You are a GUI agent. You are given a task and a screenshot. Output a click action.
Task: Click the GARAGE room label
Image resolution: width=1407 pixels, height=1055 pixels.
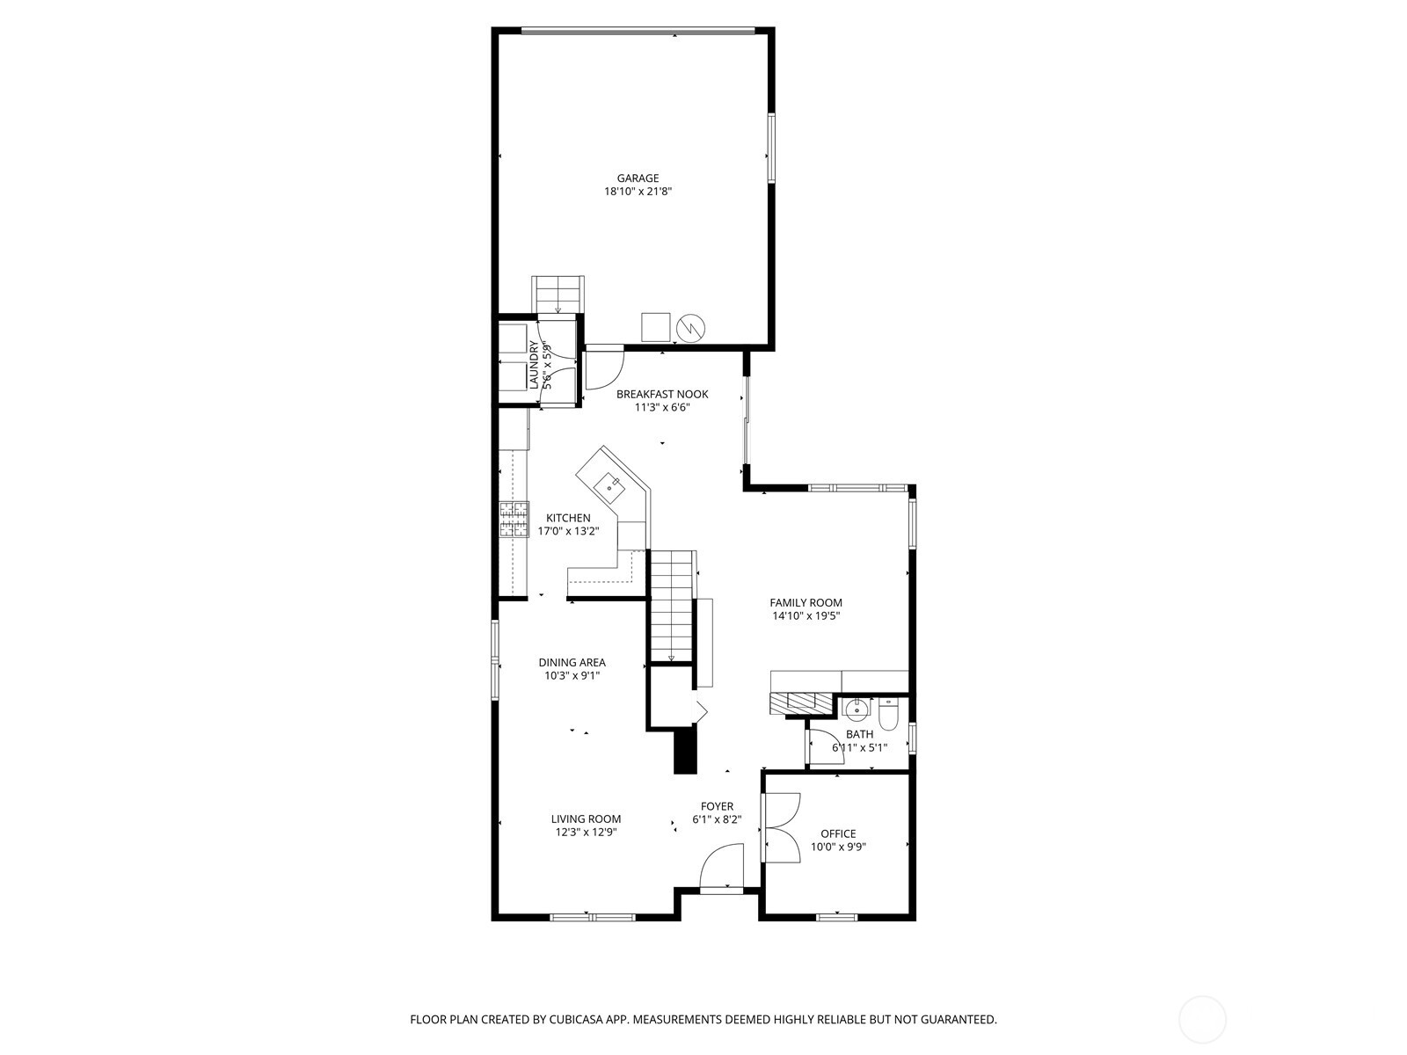pos(638,178)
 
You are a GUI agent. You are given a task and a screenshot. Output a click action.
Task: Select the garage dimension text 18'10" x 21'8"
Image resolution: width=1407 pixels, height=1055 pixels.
pos(638,192)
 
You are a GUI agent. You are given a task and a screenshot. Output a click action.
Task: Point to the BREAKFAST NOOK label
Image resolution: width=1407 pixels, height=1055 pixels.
pos(662,394)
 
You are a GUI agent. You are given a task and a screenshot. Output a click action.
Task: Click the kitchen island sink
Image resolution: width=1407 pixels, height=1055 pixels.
pos(608,484)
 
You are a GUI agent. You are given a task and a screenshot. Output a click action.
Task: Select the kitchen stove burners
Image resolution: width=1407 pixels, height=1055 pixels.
pos(514,519)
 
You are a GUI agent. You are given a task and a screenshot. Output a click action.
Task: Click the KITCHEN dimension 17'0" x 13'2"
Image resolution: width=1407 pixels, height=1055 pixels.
pos(568,531)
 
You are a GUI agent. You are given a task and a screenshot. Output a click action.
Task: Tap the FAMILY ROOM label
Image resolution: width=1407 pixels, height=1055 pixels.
pos(806,602)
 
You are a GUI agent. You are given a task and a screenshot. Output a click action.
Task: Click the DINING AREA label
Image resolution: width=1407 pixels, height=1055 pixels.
pos(572,663)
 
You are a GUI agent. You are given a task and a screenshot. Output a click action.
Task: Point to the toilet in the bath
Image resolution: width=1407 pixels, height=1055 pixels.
pos(888,714)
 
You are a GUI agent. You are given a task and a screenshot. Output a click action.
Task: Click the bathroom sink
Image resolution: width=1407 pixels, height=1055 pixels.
pos(855,709)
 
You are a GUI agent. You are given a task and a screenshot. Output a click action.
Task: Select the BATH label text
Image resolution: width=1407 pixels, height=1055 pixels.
pos(859,734)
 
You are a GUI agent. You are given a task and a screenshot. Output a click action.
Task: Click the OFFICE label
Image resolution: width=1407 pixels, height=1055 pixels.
pos(837,833)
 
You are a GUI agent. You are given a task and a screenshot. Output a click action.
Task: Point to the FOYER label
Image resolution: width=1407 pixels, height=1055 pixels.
pos(717,806)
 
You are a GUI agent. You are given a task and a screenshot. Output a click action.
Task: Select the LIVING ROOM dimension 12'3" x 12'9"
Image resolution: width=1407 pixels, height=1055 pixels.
pos(586,832)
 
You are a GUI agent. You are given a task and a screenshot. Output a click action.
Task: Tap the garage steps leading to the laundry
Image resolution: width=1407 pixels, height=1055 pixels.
pos(558,294)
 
